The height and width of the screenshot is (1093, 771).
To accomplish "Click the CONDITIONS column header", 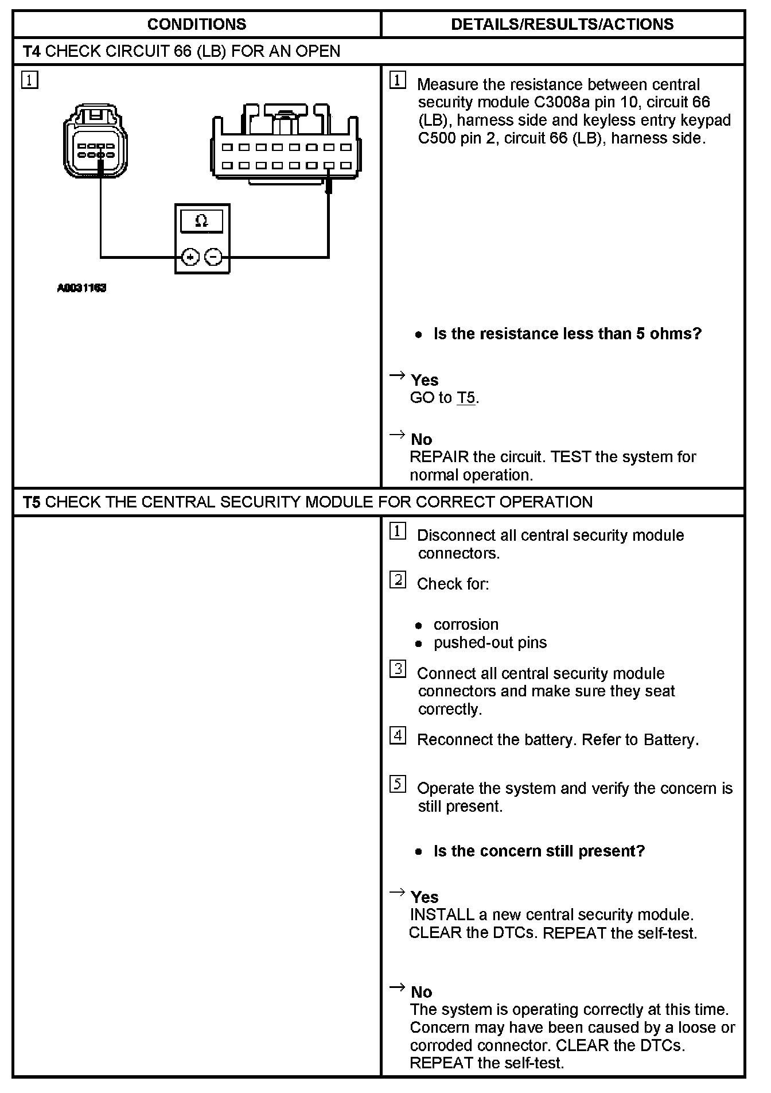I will pos(196,24).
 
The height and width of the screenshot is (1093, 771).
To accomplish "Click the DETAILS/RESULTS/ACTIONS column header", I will pos(562,24).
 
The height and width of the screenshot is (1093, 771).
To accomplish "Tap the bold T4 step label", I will pos(32,52).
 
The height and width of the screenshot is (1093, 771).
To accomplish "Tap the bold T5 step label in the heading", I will pos(32,502).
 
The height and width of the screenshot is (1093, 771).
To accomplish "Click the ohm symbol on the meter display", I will pos(201,221).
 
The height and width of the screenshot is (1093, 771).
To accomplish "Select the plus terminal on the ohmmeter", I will pos(190,257).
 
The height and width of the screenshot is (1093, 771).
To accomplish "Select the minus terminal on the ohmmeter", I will pos(213,257).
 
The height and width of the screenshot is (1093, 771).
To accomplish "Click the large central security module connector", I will pos(285,144).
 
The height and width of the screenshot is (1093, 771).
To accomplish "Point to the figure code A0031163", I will pos(81,288).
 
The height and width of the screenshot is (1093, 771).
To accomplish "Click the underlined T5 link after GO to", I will pos(466,398).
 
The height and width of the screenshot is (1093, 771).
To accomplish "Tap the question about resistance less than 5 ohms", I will pos(567,334).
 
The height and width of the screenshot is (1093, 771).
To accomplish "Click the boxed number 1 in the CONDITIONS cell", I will pos(30,80).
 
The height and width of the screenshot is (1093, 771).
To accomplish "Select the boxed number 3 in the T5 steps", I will pos(398,669).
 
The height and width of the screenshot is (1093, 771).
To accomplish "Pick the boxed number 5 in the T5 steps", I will pos(398,784).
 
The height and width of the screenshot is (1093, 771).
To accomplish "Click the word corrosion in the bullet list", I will pos(466,625).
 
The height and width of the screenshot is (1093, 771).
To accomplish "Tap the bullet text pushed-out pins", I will pos(490,643).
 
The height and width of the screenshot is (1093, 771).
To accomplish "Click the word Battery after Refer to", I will pos(669,740).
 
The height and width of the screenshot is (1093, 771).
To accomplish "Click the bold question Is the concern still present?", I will pos(539,851).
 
